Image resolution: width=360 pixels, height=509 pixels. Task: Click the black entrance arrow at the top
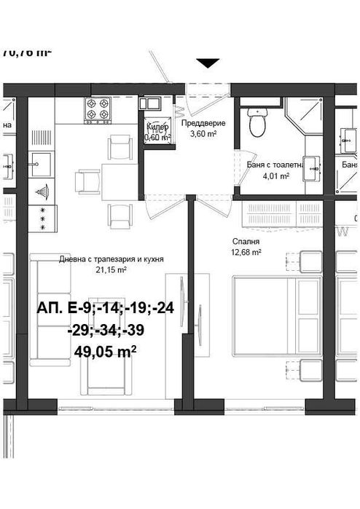[x=208, y=64]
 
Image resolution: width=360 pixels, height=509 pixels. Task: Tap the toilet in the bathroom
[x=257, y=123]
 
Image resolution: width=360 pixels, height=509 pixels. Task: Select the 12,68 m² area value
[x=244, y=253]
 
